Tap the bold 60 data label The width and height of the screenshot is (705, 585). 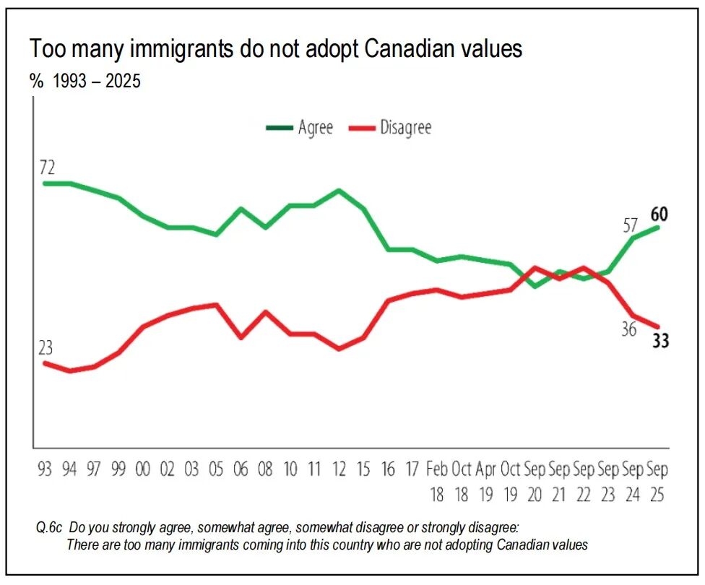click(x=659, y=214)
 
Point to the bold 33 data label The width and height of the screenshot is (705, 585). click(x=660, y=341)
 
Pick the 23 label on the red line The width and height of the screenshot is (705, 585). click(x=46, y=348)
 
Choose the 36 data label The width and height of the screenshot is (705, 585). click(x=628, y=329)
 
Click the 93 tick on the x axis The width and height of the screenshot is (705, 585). click(x=46, y=469)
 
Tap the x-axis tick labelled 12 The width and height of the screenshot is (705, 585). click(x=339, y=469)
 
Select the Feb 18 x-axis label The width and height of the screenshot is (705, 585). click(x=437, y=482)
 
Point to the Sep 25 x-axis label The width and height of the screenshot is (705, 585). click(x=657, y=482)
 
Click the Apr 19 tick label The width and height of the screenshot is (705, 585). click(x=485, y=482)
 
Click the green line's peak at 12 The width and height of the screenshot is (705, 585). click(x=339, y=191)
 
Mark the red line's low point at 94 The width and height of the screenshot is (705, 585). click(x=70, y=370)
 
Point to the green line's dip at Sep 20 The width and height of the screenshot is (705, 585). click(x=535, y=286)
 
